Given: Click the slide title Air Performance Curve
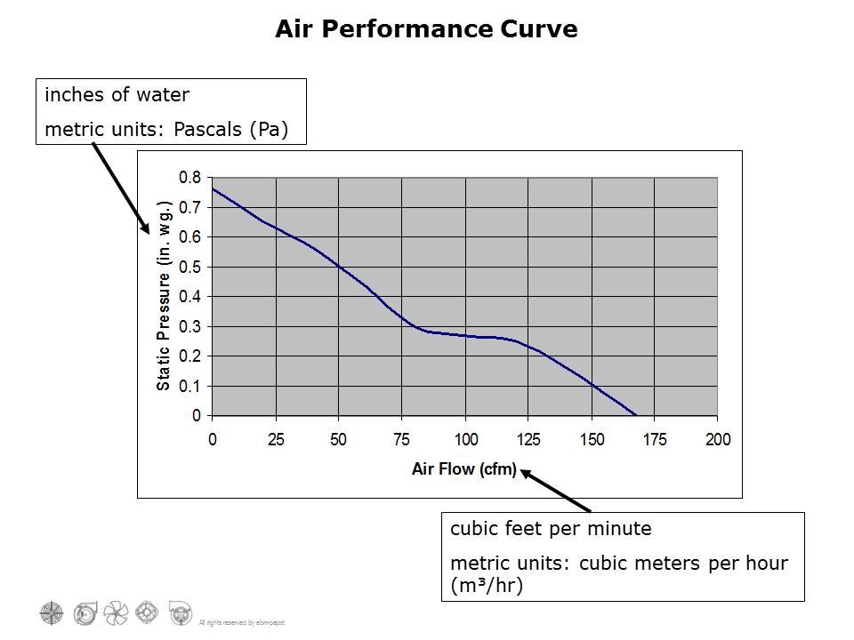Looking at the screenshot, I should click(x=426, y=29).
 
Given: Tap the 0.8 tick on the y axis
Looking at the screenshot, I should click(x=189, y=178).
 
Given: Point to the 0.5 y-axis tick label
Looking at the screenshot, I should click(x=189, y=267).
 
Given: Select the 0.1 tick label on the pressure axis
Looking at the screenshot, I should click(x=189, y=386).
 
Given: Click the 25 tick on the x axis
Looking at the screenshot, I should click(x=276, y=440).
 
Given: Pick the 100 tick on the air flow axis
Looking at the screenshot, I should click(x=465, y=440).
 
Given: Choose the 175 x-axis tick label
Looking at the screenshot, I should click(x=655, y=440).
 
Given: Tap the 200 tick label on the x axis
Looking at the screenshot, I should click(x=717, y=440).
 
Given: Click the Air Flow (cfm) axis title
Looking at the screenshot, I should click(x=463, y=469).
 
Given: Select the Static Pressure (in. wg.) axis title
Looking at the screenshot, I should click(x=164, y=296).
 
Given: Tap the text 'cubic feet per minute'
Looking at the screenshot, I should click(x=551, y=529).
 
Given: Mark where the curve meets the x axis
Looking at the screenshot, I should click(x=635, y=415).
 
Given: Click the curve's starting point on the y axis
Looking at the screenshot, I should click(x=213, y=188).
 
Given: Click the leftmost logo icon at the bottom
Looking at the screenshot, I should click(x=52, y=612).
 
